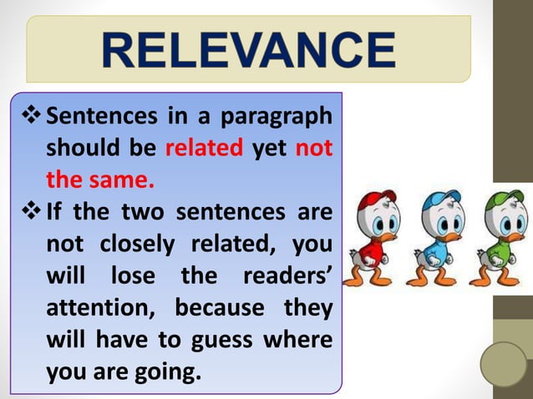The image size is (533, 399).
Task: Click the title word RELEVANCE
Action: pyautogui.click(x=248, y=49)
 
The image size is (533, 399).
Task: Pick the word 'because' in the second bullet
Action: pyautogui.click(x=216, y=308)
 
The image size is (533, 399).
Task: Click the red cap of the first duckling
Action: pyautogui.click(x=378, y=200)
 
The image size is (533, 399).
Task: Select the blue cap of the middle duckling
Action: pyautogui.click(x=442, y=200)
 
